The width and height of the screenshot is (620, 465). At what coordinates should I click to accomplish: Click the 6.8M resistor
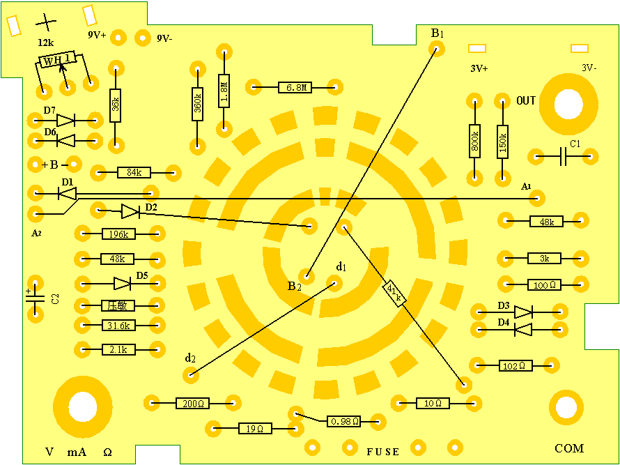(294, 88)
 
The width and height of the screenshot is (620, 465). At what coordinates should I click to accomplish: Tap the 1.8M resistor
(224, 91)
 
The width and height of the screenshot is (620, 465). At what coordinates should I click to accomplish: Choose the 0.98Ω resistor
(344, 421)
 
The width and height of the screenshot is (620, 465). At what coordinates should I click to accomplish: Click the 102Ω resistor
(516, 365)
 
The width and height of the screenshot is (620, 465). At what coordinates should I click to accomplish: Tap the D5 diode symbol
(123, 283)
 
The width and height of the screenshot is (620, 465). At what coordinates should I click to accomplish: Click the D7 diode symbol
(65, 121)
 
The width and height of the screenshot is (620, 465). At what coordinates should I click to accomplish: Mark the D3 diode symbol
(523, 312)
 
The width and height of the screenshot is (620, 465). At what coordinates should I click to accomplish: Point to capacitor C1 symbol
(563, 156)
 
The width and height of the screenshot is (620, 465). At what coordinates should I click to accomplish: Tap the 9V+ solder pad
(118, 37)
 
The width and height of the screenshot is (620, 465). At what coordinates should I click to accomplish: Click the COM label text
(569, 448)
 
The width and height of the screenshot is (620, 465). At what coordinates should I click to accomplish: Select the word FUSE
(383, 452)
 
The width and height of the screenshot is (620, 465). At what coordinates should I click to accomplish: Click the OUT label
(526, 101)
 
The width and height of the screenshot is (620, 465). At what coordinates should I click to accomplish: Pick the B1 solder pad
(436, 48)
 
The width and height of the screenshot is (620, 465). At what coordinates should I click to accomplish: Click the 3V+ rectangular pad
(477, 48)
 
